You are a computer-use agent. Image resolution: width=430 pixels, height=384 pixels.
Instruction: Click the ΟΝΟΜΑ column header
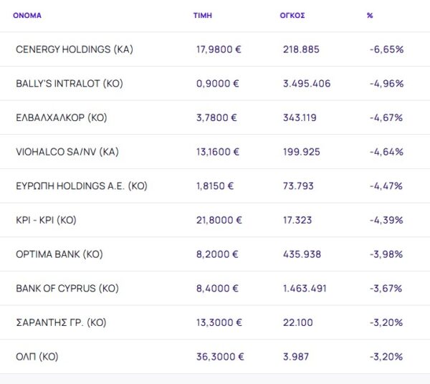(x=27, y=15)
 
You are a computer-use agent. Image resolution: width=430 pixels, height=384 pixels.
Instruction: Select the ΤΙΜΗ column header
(x=203, y=15)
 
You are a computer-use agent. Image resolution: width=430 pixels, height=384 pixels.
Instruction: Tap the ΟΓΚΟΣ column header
(x=292, y=15)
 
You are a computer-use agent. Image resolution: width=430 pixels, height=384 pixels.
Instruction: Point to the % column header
(x=370, y=15)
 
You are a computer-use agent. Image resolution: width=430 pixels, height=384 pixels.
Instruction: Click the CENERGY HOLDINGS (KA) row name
(x=75, y=49)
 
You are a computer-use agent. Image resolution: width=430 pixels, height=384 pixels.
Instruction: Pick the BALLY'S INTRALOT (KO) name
(x=70, y=84)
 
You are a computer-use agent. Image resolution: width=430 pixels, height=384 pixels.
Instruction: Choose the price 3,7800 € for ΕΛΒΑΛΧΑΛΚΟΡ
(x=217, y=117)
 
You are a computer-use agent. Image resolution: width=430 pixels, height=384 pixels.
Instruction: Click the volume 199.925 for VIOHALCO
(x=302, y=152)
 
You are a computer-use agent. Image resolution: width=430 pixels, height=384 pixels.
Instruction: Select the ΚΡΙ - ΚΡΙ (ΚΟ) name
(x=46, y=221)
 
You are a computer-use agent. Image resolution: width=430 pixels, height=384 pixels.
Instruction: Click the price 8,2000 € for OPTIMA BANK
(x=217, y=254)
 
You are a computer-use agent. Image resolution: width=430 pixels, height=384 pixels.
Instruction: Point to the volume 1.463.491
(x=306, y=289)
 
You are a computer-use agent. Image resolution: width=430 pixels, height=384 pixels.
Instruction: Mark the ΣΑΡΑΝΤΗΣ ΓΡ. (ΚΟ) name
(x=61, y=323)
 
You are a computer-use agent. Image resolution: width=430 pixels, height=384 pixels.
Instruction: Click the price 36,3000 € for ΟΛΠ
(x=220, y=357)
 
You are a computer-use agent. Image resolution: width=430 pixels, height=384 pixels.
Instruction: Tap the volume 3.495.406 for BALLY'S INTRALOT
(x=307, y=84)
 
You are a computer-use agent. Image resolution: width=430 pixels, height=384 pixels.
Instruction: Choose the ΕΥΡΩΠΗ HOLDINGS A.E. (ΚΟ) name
(x=81, y=186)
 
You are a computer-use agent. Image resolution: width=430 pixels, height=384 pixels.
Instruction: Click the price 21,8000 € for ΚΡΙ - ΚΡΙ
(x=220, y=221)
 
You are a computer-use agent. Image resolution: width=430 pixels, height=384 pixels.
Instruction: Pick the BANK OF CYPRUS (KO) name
(x=67, y=289)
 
